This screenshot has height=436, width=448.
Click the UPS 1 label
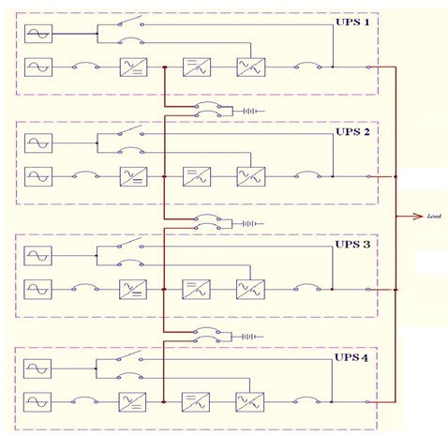click(352, 23)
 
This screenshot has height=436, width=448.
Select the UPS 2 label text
click(352, 131)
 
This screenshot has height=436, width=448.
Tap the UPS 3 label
click(352, 244)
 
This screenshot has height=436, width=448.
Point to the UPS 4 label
click(351, 357)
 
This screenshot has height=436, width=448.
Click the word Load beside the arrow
click(434, 216)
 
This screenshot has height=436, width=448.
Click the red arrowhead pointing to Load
click(418, 216)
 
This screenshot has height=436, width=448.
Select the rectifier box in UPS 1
click(134, 68)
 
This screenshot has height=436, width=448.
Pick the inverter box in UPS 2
click(197, 176)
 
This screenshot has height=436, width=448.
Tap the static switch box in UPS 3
click(250, 290)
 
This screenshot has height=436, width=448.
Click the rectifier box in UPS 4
click(132, 402)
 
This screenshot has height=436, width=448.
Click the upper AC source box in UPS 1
click(38, 34)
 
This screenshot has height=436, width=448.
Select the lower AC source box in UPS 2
click(38, 176)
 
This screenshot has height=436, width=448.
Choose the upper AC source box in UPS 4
click(37, 368)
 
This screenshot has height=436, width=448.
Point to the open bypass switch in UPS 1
click(131, 21)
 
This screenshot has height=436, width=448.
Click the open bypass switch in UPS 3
click(130, 243)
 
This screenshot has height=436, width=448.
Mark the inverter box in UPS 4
click(196, 402)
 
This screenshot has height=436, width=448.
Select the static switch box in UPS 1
click(251, 68)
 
